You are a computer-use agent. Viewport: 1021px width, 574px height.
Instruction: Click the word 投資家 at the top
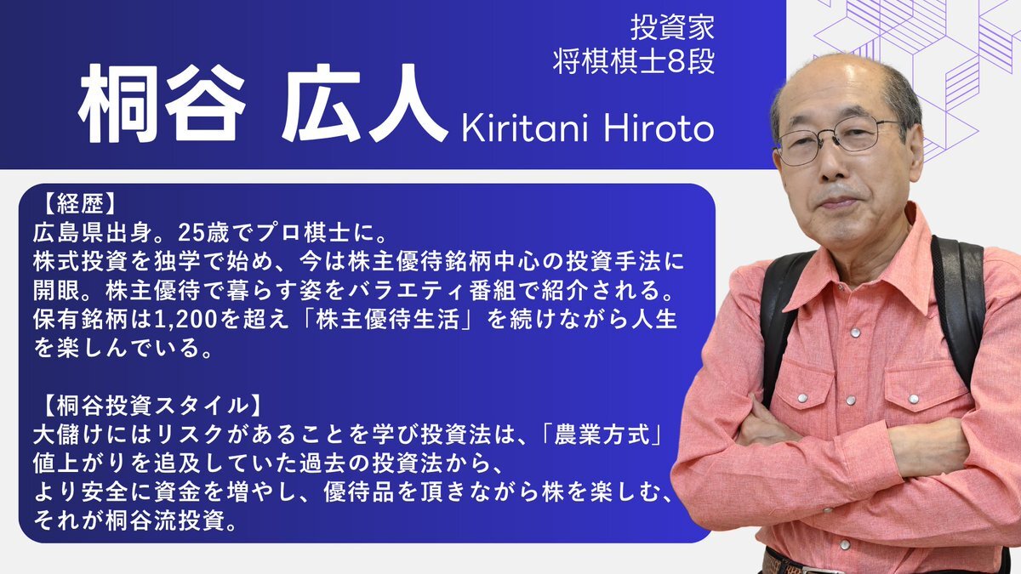pos(672,27)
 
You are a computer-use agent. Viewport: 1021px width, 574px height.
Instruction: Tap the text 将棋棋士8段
pos(634,61)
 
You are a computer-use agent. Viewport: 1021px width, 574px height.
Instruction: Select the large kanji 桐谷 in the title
pos(163,104)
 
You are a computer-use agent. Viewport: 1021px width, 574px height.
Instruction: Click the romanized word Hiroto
pos(659,129)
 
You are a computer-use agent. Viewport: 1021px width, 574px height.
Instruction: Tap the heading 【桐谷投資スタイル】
pos(152,406)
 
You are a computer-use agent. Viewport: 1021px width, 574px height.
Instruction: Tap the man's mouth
pos(839,202)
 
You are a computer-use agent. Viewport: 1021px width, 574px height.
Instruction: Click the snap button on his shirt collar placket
pos(856,332)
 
